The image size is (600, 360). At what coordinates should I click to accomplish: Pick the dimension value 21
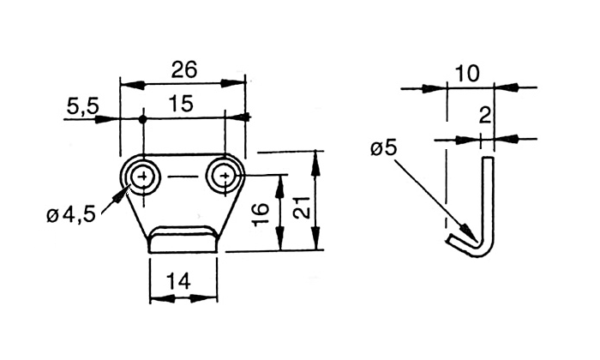(x=300, y=203)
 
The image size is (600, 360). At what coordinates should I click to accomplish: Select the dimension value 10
(x=467, y=74)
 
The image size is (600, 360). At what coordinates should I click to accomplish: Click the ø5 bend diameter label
(x=384, y=148)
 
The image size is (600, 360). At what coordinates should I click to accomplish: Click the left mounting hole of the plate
(x=143, y=177)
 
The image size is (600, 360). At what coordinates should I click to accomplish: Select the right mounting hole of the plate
(x=224, y=177)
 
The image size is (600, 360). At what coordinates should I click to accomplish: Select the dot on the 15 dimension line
(x=143, y=118)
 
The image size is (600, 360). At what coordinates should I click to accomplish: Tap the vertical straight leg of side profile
(x=488, y=197)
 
